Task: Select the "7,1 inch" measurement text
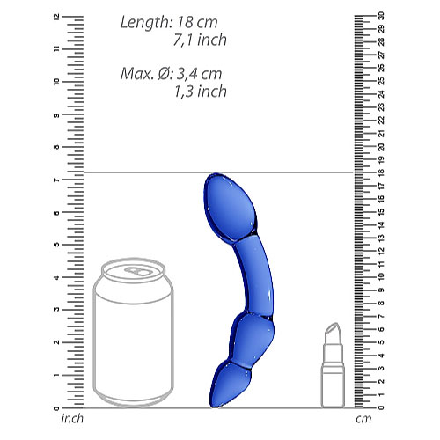pos(201,40)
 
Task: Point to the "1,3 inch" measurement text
pos(201,91)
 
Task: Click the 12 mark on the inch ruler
pos(56,17)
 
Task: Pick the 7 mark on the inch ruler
pos(56,180)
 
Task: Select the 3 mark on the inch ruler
pos(56,311)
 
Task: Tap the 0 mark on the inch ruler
pos(56,408)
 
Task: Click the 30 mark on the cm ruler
pos(380,16)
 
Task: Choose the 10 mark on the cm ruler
pos(380,277)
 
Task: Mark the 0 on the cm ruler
pos(380,408)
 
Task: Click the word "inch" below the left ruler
pos(73,418)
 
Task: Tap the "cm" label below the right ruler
pos(362,418)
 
